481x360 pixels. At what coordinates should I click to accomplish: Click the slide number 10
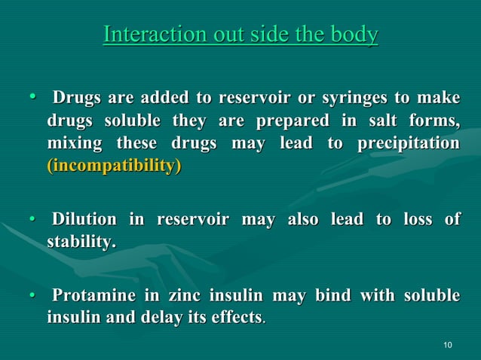449,346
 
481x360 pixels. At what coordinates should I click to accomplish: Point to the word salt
377,121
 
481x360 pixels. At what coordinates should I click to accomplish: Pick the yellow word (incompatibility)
114,166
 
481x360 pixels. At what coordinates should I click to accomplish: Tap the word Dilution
83,220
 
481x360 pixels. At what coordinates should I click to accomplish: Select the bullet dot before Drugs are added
32,98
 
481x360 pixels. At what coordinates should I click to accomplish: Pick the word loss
413,220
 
